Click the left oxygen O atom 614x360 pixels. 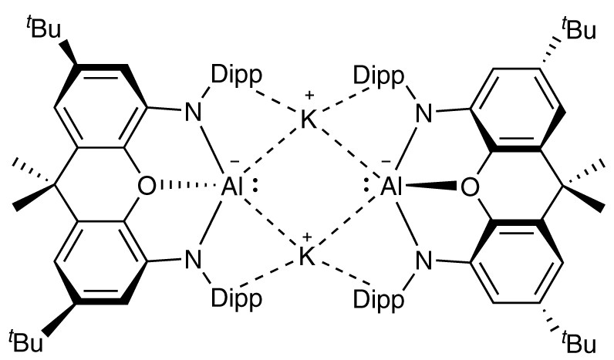[x=147, y=187]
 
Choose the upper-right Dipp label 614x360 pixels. [x=378, y=76]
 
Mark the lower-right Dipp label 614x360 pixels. [x=378, y=294]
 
